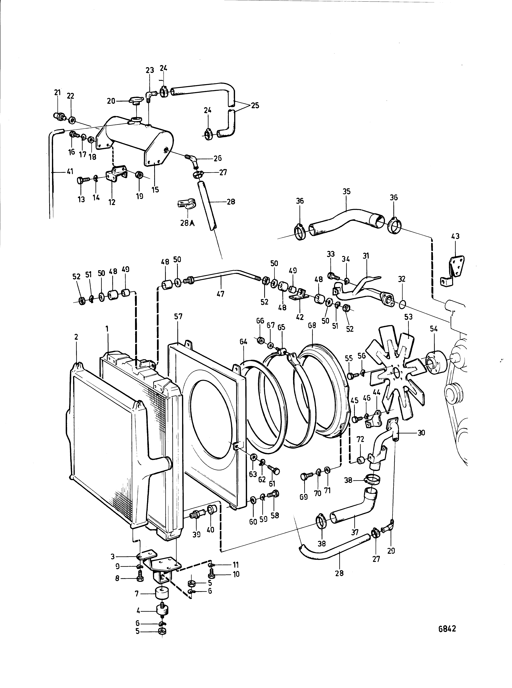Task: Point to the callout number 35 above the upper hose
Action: coord(347,191)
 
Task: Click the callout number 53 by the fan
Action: coord(408,317)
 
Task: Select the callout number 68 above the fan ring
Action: coord(312,326)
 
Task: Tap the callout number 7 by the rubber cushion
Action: coord(137,594)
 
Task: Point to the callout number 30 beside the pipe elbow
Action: coord(421,433)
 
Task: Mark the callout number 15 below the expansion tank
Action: coord(155,190)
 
